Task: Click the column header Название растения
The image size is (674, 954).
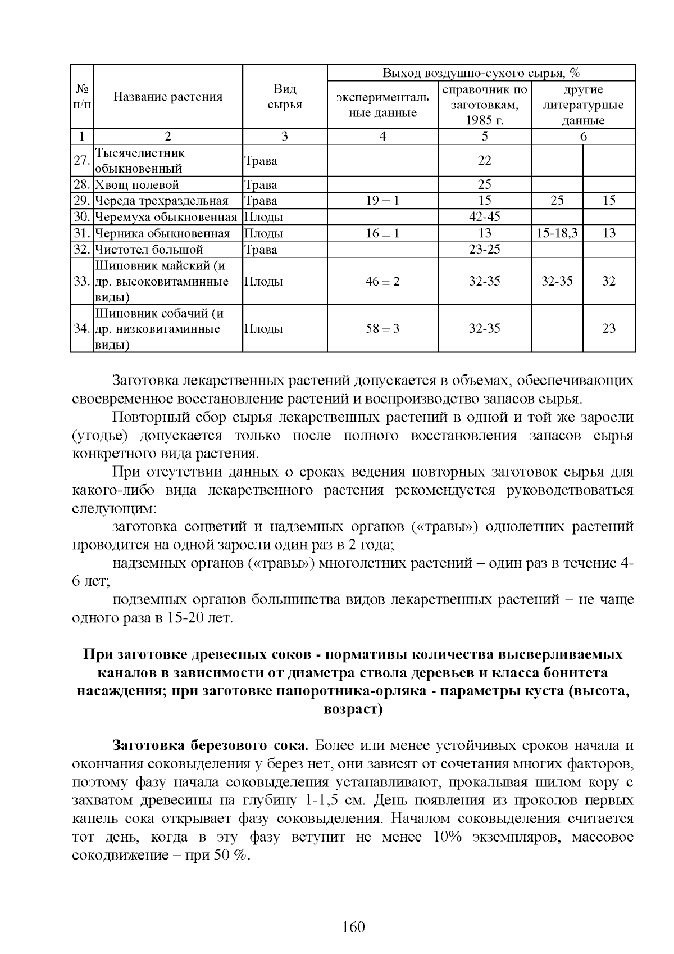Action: click(x=168, y=97)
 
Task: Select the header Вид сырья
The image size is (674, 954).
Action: click(x=285, y=97)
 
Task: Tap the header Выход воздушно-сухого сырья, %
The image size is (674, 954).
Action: click(x=481, y=73)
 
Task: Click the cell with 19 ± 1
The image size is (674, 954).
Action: click(x=382, y=201)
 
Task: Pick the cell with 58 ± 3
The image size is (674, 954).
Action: click(x=382, y=328)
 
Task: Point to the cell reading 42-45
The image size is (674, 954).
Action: click(x=484, y=217)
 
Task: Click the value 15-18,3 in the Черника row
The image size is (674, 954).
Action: click(x=557, y=233)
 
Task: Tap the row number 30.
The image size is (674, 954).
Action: click(x=82, y=217)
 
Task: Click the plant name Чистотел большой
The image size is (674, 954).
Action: click(x=149, y=250)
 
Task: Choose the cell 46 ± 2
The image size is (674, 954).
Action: click(x=382, y=281)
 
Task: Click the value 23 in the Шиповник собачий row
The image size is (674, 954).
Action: click(x=609, y=328)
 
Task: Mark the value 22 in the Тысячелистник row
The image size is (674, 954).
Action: click(x=484, y=160)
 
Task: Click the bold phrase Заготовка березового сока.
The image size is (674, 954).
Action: click(x=211, y=745)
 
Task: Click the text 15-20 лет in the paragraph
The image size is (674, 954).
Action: click(x=199, y=618)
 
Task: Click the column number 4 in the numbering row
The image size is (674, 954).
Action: click(x=382, y=136)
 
